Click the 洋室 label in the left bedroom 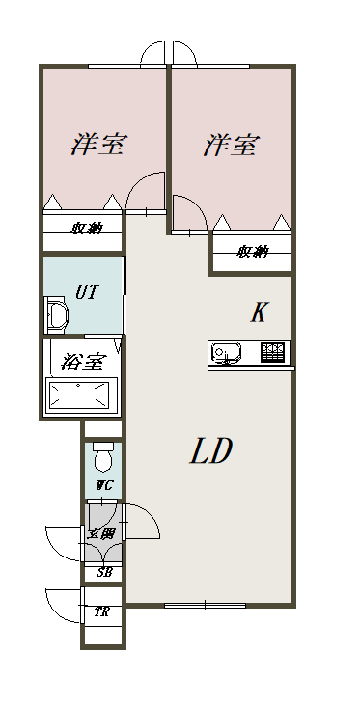[x=99, y=144]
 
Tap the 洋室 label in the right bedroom [x=232, y=145]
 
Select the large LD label [x=210, y=450]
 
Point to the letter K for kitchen [x=260, y=312]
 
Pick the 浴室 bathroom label [x=84, y=361]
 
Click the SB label [x=103, y=573]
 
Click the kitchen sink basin [x=226, y=352]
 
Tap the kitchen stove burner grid [x=273, y=352]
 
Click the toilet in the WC [x=103, y=456]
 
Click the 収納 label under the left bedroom [x=87, y=229]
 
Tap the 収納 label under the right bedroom [x=252, y=251]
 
